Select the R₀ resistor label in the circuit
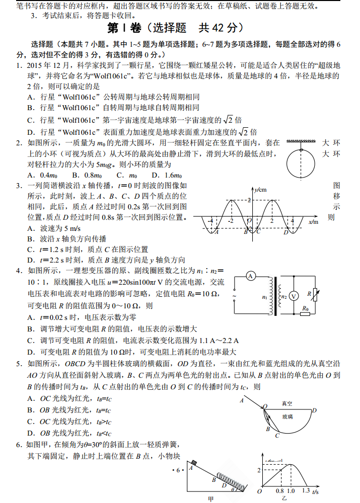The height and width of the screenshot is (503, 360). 305,308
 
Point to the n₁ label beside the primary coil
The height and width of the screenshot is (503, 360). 265,297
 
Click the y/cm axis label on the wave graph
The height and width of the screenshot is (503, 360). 260,189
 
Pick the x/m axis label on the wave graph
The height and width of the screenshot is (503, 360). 313,222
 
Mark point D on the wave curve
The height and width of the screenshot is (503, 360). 285,232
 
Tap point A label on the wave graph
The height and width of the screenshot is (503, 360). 216,232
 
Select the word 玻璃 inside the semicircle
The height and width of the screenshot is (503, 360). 287,416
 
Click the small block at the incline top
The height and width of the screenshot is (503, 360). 193,462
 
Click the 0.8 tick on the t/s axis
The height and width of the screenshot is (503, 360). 280,491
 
